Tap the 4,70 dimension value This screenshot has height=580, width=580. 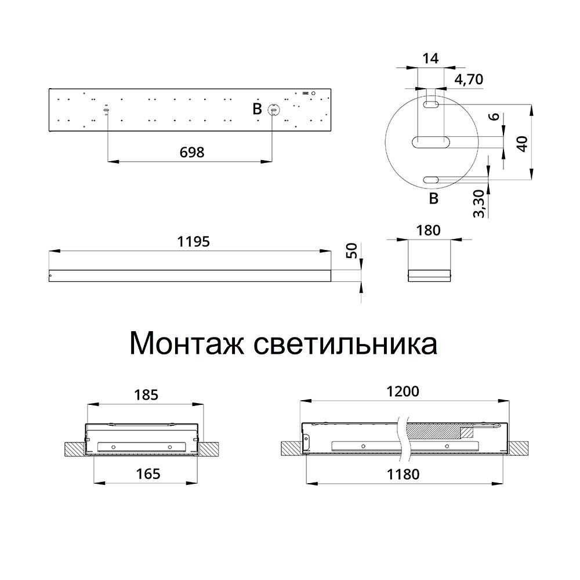(469, 79)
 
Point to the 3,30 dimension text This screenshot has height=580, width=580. (479, 204)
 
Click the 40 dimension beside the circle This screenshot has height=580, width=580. (523, 143)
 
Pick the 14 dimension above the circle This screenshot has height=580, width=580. (430, 58)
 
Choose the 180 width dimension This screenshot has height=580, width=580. (429, 230)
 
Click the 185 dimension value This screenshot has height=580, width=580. (145, 395)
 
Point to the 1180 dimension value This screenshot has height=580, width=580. (403, 474)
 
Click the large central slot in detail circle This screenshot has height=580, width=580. (430, 141)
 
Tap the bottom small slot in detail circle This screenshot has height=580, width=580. (431, 180)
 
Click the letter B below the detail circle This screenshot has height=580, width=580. (433, 200)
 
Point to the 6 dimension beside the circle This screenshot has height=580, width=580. (494, 115)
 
